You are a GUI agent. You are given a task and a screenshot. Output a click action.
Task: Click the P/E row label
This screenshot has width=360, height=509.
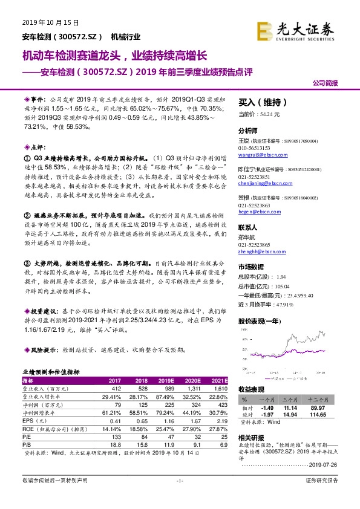27,435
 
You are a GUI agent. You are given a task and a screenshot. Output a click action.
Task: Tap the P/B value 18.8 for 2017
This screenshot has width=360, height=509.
115,443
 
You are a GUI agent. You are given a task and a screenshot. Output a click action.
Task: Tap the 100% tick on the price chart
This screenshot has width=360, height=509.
244,331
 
